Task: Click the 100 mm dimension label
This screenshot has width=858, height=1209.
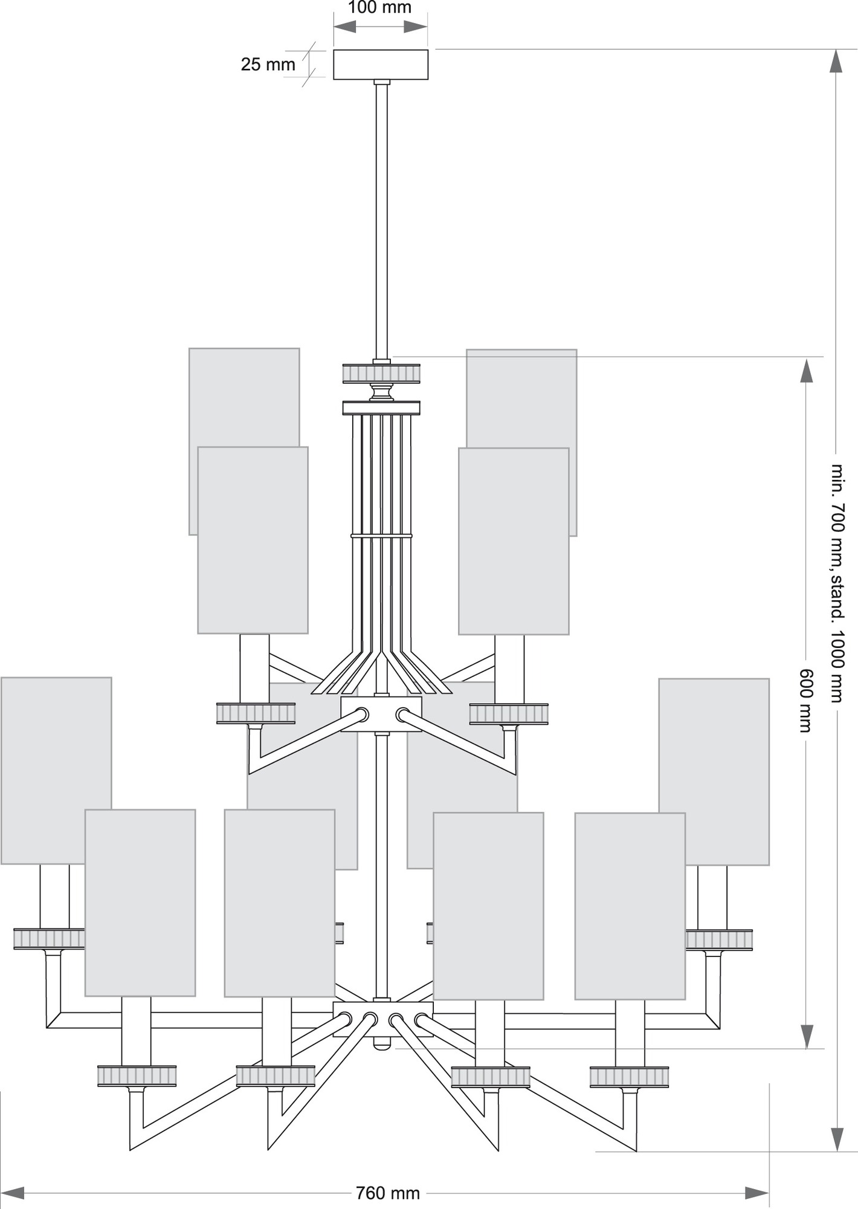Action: click(380, 8)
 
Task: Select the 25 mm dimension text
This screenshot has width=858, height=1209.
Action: click(268, 64)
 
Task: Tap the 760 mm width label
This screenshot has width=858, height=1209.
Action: click(387, 1193)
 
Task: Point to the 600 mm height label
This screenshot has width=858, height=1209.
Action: click(805, 700)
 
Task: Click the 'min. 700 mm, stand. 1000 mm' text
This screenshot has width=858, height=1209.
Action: click(836, 583)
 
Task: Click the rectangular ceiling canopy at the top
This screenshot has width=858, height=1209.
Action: click(381, 64)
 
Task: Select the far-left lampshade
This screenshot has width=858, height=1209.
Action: click(56, 770)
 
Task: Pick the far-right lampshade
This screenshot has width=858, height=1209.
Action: click(714, 771)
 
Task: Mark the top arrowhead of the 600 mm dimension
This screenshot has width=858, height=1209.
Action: click(806, 370)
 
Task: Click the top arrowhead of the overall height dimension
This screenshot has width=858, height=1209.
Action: click(836, 62)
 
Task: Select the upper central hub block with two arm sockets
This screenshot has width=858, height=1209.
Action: click(381, 715)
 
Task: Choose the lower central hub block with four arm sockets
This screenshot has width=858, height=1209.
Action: click(383, 1019)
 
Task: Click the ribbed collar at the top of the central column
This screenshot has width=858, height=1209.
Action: click(381, 372)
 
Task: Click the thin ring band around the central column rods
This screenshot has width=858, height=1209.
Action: click(381, 536)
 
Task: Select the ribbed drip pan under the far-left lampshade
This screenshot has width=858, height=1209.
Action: click(50, 939)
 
